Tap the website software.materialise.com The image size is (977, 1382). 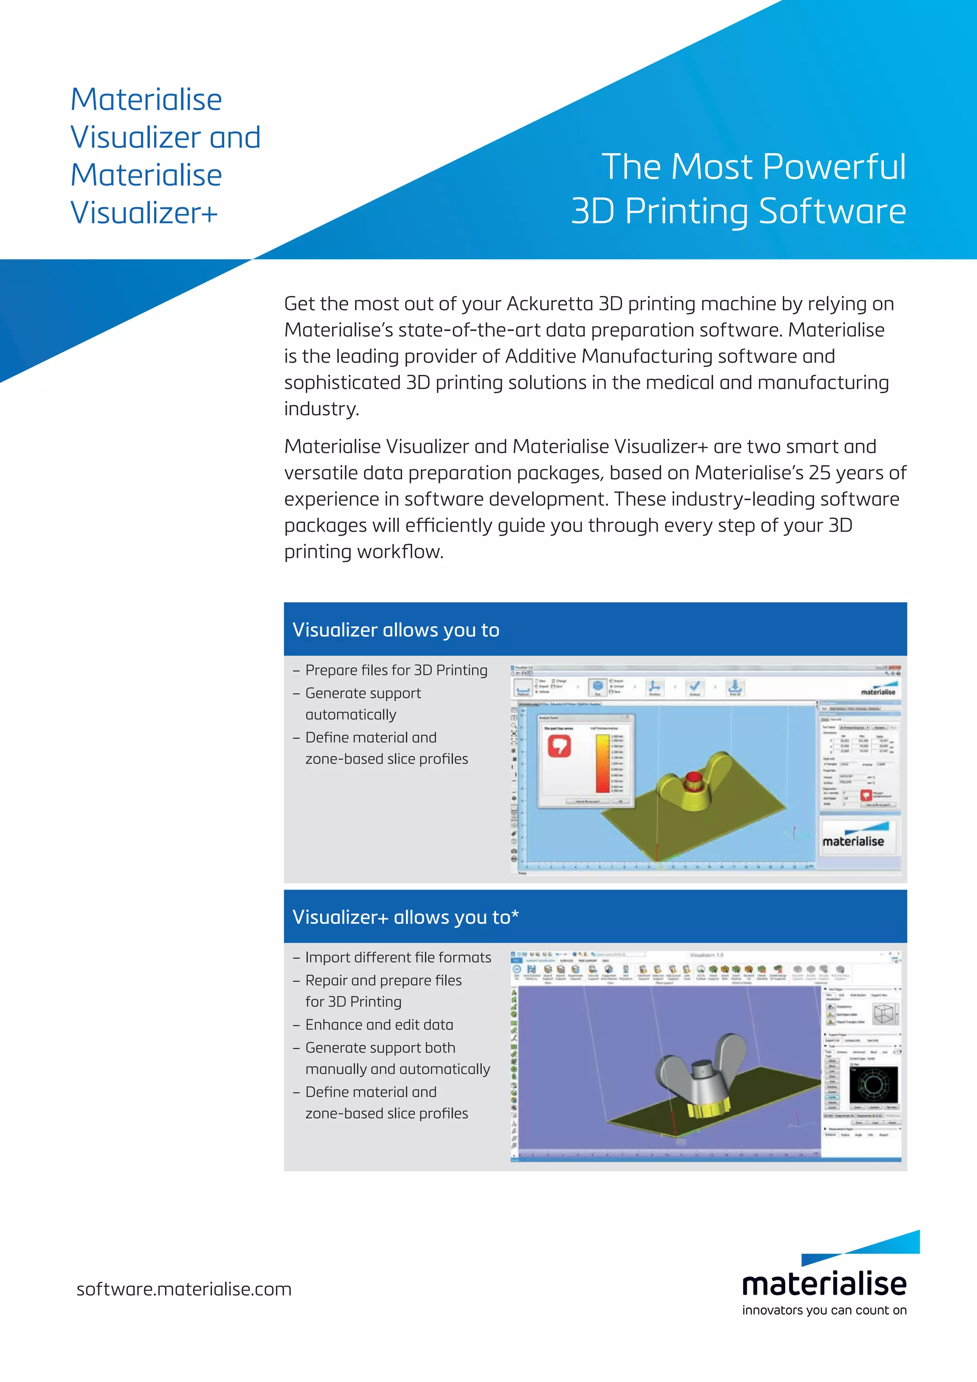tap(184, 1289)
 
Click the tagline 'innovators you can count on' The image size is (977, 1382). tap(824, 1310)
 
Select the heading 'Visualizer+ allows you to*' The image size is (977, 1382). tap(405, 917)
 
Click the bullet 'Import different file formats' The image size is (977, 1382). tap(398, 958)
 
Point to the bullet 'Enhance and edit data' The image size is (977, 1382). tap(379, 1025)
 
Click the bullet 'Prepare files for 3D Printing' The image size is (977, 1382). tap(396, 670)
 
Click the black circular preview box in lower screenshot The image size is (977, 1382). tap(873, 1085)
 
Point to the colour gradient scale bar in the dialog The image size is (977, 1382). tap(602, 763)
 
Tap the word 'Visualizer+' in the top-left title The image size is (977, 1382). tap(145, 212)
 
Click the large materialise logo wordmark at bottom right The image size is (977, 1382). tap(824, 1284)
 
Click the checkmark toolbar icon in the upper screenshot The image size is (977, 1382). tap(695, 686)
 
